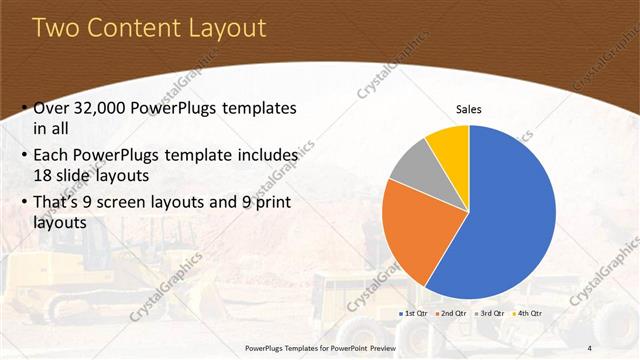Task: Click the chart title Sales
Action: coord(468,108)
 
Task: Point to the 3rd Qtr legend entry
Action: coord(490,314)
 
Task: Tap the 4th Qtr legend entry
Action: coord(526,314)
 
